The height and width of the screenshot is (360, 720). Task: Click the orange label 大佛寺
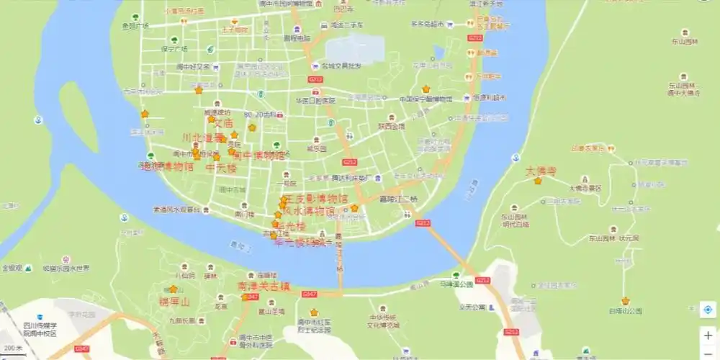click(541, 171)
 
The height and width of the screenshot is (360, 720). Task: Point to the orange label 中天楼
click(221, 168)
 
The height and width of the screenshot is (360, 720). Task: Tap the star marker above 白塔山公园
click(626, 301)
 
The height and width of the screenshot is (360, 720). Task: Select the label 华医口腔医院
click(315, 100)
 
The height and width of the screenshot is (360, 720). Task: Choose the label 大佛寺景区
click(585, 188)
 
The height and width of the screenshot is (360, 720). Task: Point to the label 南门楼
click(245, 214)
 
